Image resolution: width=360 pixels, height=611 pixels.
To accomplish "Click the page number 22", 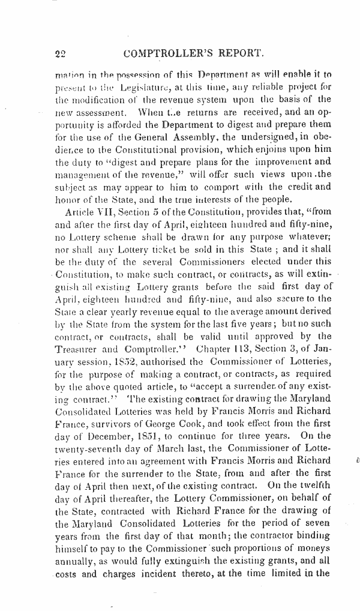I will coord(59,53).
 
